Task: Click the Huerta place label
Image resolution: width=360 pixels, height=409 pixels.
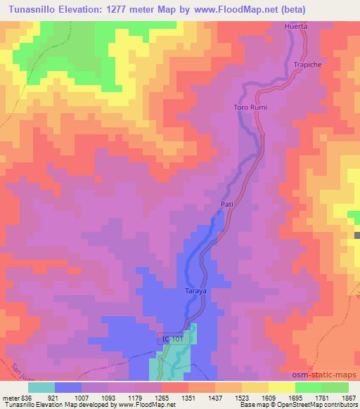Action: pos(297,26)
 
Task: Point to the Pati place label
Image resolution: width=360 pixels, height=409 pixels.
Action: pos(226,204)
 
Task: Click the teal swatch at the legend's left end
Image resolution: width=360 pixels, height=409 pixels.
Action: pos(41,388)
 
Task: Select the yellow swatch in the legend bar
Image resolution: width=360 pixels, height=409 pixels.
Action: pos(281,388)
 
